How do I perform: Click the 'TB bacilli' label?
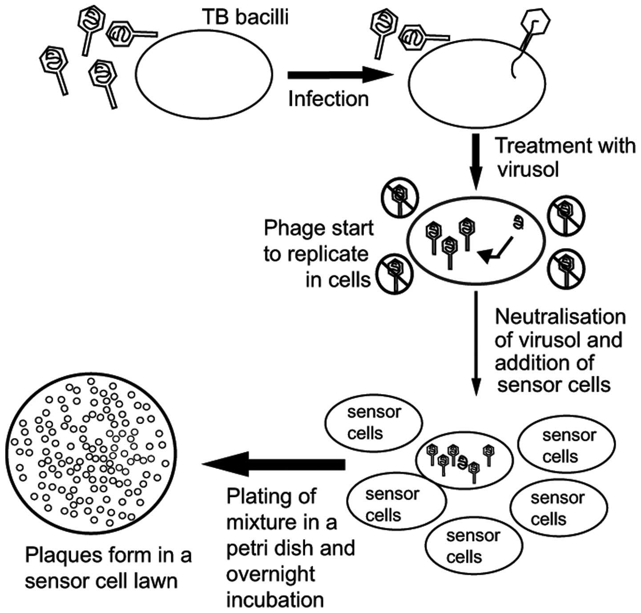(x=246, y=17)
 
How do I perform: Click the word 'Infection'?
(x=328, y=99)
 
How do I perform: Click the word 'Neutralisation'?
(x=560, y=317)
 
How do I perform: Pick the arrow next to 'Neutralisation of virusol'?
(x=476, y=343)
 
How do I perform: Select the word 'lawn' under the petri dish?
(x=157, y=581)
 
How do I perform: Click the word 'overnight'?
(x=270, y=574)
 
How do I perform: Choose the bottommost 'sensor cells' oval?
(x=473, y=546)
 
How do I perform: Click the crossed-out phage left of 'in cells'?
(x=394, y=272)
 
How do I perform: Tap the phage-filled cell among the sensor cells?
(x=460, y=460)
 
